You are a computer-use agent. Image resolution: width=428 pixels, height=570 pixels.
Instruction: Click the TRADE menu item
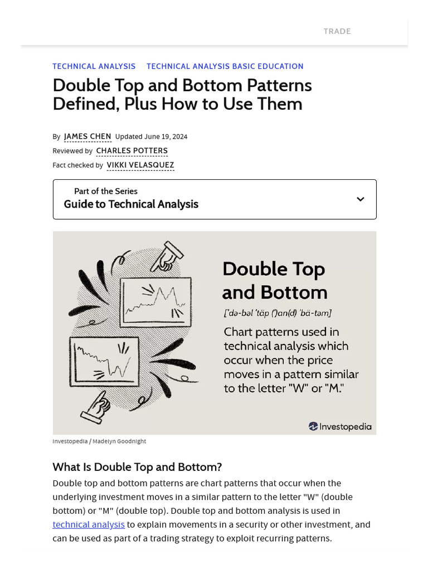click(x=337, y=31)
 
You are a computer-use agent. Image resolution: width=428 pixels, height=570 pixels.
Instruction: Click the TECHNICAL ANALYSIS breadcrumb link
click(x=94, y=66)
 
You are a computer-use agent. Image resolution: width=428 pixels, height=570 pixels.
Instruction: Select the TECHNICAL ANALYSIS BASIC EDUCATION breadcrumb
click(x=225, y=66)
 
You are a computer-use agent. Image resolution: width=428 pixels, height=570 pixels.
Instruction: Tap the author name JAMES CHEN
click(x=87, y=136)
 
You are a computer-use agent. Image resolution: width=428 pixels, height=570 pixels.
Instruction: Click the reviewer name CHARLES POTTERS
click(x=132, y=151)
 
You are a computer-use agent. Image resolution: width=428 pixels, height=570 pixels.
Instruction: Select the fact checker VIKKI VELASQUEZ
click(x=140, y=165)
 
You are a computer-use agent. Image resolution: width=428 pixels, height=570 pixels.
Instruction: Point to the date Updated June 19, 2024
click(x=151, y=136)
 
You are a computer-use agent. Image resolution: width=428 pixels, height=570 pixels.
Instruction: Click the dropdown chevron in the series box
click(x=361, y=199)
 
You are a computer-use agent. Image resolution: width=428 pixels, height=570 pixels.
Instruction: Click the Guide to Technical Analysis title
click(x=131, y=204)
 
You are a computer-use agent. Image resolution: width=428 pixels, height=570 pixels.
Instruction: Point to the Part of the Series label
click(x=105, y=191)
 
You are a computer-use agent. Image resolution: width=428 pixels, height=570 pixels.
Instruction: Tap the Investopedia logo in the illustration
click(x=340, y=426)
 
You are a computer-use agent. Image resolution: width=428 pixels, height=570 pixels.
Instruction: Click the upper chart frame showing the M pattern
click(x=157, y=299)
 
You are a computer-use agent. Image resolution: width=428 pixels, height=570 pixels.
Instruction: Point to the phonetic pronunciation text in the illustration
click(x=277, y=313)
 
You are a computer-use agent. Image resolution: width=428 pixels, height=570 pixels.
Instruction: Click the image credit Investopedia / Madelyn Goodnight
click(x=99, y=441)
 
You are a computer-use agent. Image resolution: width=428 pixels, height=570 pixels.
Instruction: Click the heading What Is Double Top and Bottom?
click(x=137, y=466)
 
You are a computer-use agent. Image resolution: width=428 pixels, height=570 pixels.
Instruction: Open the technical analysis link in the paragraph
click(x=89, y=524)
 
